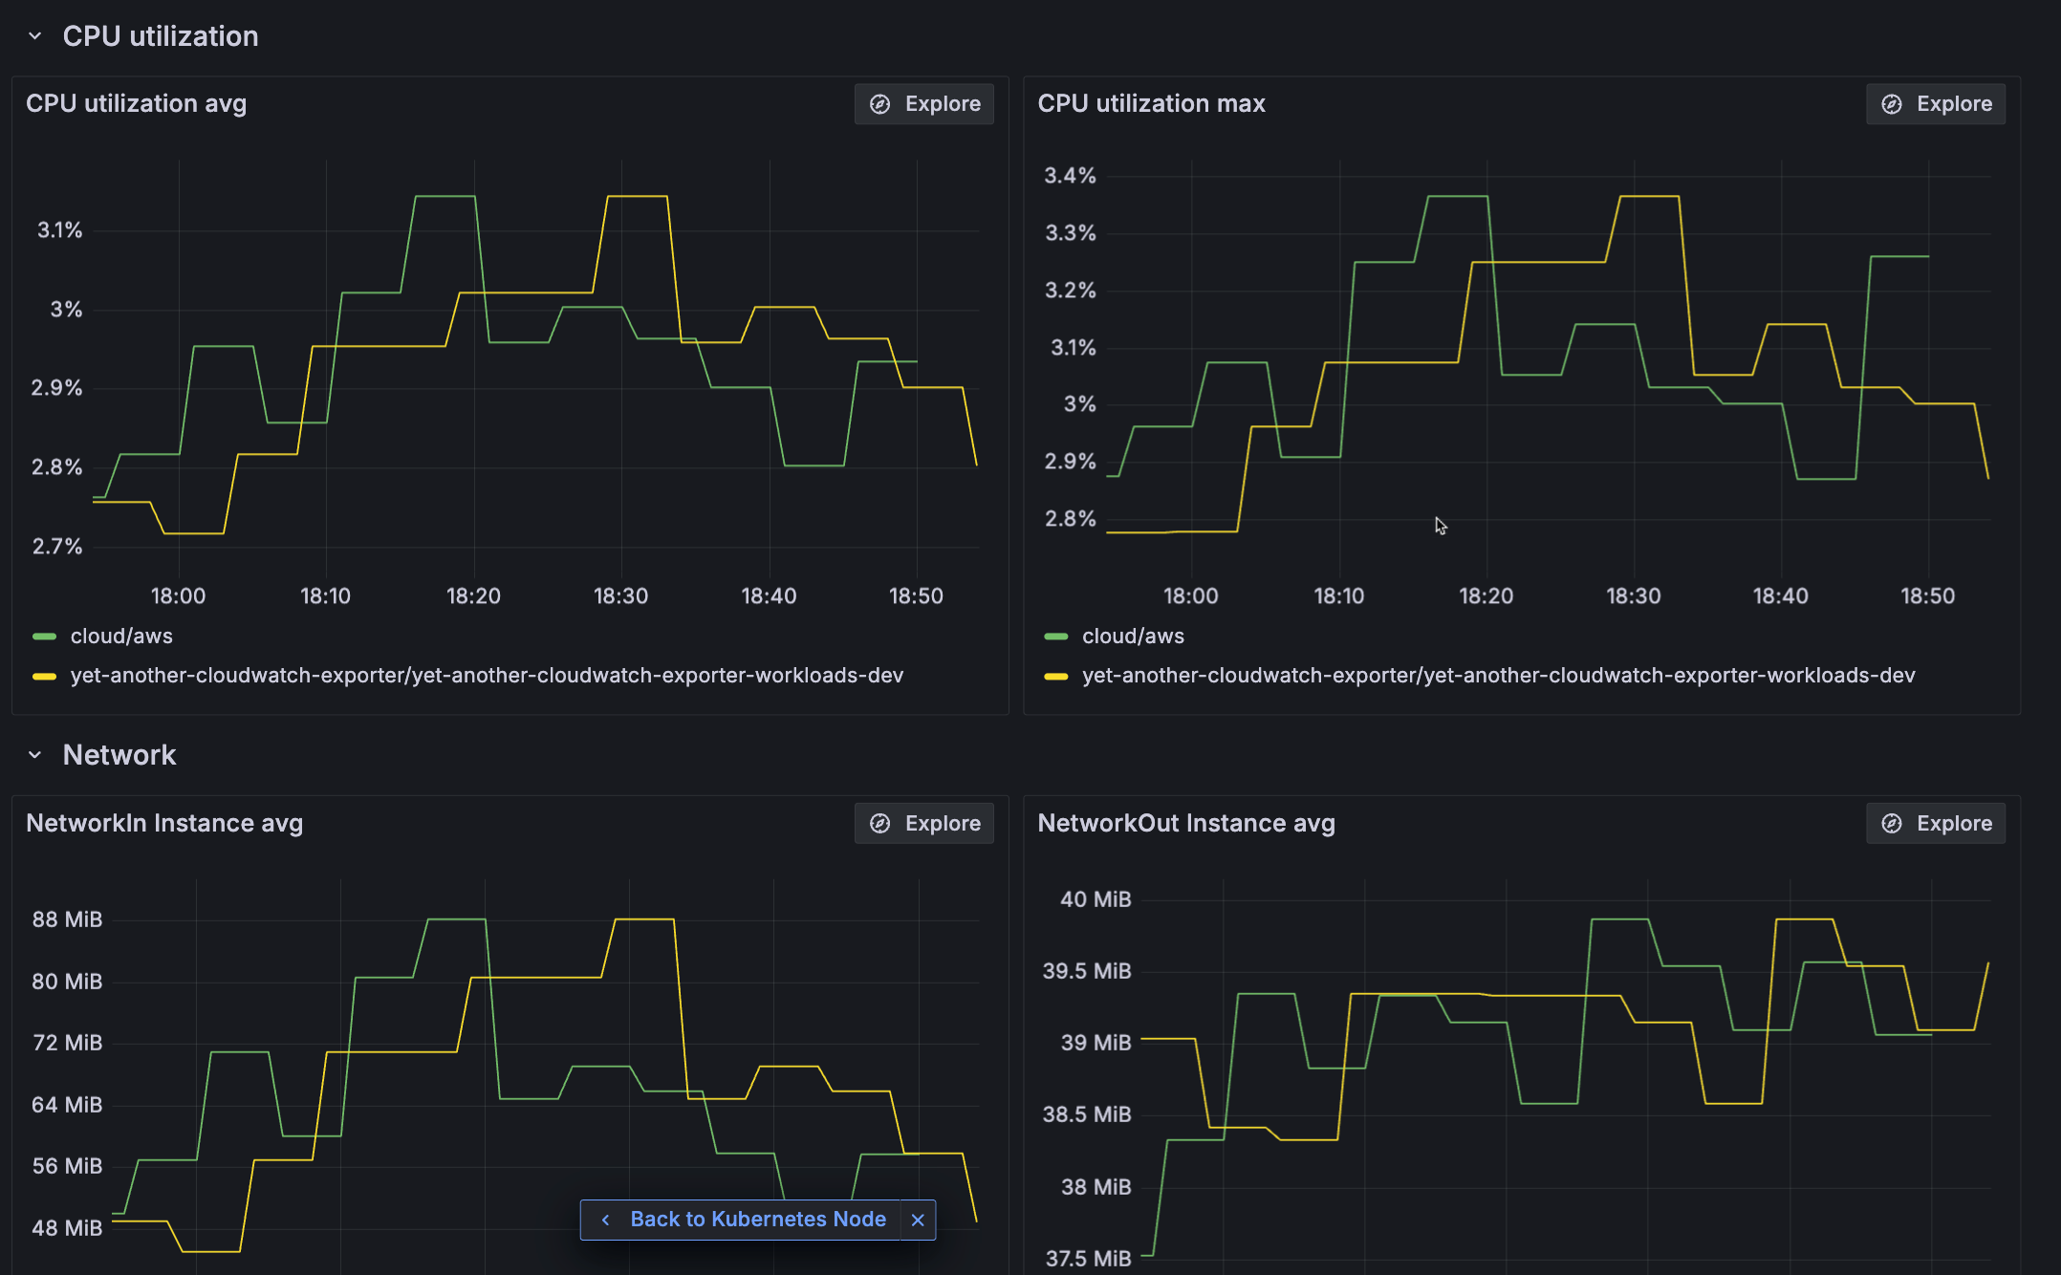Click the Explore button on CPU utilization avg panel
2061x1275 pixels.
pyautogui.click(x=924, y=104)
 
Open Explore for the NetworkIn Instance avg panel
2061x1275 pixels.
pyautogui.click(x=924, y=824)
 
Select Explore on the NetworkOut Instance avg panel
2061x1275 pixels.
pyautogui.click(x=1936, y=824)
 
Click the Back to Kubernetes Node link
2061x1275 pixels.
pyautogui.click(x=757, y=1220)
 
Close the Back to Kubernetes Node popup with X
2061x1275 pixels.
pyautogui.click(x=918, y=1220)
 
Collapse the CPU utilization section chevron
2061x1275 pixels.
pyautogui.click(x=35, y=36)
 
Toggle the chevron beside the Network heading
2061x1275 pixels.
pyautogui.click(x=35, y=755)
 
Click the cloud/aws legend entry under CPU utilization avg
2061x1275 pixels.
pyautogui.click(x=120, y=637)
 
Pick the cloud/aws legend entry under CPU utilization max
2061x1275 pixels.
pyautogui.click(x=1132, y=637)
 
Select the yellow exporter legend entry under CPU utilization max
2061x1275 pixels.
pyautogui.click(x=1497, y=676)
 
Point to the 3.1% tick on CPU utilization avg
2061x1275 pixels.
pyautogui.click(x=59, y=230)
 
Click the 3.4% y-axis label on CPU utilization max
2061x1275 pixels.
pyautogui.click(x=1070, y=176)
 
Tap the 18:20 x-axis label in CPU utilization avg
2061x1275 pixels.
pyautogui.click(x=473, y=596)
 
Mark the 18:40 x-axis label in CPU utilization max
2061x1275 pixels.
pyautogui.click(x=1780, y=596)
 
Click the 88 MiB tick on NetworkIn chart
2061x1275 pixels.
pyautogui.click(x=67, y=919)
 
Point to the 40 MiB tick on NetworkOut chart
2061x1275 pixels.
pyautogui.click(x=1096, y=899)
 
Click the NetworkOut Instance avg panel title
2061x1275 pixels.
pyautogui.click(x=1185, y=824)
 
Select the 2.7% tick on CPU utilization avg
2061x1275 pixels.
pyautogui.click(x=57, y=547)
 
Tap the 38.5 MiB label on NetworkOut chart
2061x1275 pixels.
pyautogui.click(x=1087, y=1114)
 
